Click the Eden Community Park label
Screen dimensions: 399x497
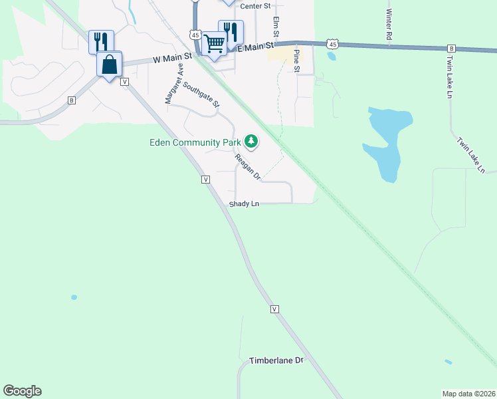pos(194,142)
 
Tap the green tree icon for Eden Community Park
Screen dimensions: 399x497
pos(250,141)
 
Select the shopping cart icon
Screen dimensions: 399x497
pos(215,43)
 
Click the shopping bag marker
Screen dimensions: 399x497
pos(110,65)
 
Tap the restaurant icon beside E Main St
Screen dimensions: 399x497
pos(231,31)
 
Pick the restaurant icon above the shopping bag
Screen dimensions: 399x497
pos(101,41)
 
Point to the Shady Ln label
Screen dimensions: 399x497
pos(244,204)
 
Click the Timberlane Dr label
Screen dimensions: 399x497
pos(276,360)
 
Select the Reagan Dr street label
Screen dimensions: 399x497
pos(247,167)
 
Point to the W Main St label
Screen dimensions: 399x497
pos(171,59)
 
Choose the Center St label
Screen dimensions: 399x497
pos(256,6)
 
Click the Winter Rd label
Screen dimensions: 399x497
pos(389,23)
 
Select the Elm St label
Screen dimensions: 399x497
pos(275,27)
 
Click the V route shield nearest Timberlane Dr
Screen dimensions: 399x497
pos(274,309)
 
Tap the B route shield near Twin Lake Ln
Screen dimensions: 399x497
pos(451,49)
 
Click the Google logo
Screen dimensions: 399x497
pos(22,391)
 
